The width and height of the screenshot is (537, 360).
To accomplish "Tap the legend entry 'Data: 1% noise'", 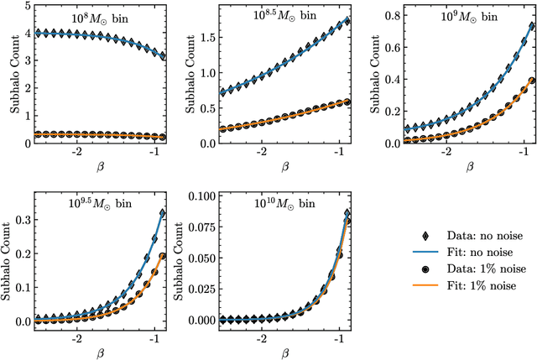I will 473,269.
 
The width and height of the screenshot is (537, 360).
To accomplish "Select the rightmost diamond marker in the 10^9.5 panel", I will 162,214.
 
